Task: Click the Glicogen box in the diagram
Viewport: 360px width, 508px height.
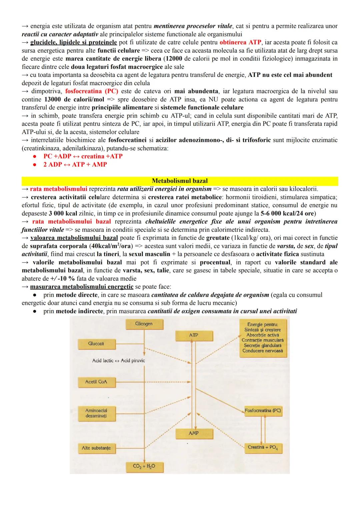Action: tap(144, 324)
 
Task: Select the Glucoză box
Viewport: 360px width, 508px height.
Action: tap(96, 344)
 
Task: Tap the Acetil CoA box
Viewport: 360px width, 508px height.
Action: tap(96, 382)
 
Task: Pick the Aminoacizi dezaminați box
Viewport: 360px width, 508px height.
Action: tap(96, 413)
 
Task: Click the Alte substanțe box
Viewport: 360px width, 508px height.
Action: tap(96, 448)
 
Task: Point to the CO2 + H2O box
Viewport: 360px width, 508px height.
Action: tap(144, 467)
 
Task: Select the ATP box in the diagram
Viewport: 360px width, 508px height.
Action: tap(194, 335)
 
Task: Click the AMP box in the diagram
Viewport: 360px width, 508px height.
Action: tap(194, 433)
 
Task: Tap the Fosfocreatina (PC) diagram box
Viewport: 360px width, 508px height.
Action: tap(263, 411)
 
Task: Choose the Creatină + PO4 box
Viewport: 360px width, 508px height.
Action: tap(263, 447)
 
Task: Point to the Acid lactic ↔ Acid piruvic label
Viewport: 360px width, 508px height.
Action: tap(118, 360)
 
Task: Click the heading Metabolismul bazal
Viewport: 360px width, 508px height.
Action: tap(180, 181)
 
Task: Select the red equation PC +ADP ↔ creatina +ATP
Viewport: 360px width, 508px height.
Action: tap(83, 156)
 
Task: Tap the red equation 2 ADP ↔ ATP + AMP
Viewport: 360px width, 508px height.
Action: tap(75, 165)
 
